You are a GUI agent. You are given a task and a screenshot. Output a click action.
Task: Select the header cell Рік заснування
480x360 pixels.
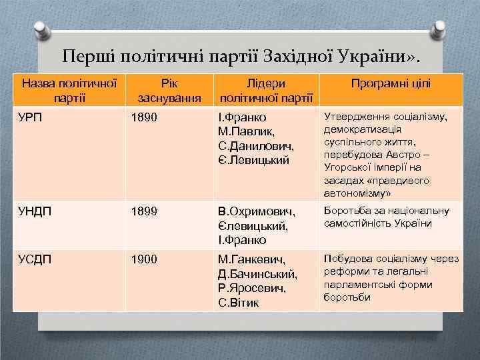[169, 91]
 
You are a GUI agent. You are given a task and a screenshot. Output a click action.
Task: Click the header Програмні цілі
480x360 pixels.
[390, 84]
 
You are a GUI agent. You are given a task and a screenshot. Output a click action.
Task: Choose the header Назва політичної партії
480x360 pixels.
[70, 91]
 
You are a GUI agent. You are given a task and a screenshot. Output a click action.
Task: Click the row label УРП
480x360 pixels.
[31, 117]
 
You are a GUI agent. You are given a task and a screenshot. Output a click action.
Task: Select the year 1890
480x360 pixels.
[144, 117]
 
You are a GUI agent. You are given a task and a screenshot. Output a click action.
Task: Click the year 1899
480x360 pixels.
[144, 212]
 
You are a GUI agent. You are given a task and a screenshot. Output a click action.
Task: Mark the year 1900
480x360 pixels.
[144, 259]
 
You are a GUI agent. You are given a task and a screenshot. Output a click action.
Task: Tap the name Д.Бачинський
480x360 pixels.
[257, 274]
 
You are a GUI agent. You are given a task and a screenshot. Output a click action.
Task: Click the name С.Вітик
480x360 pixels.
[240, 302]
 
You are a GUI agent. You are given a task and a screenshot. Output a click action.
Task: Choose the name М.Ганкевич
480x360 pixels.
[251, 259]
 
